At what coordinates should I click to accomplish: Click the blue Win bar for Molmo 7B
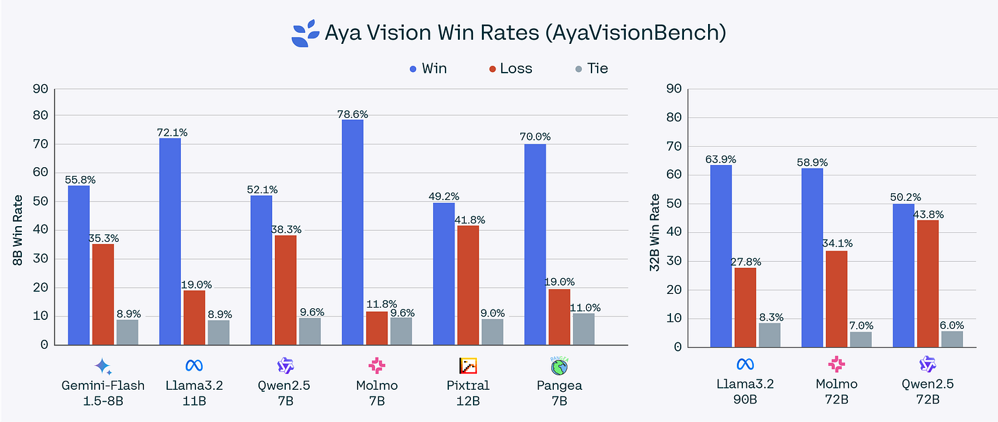tap(352, 232)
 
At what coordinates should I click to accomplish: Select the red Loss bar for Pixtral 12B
tap(467, 285)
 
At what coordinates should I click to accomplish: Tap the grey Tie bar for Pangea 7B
tap(583, 329)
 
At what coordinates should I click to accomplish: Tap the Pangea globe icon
tap(559, 364)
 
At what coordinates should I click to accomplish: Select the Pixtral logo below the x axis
tap(468, 365)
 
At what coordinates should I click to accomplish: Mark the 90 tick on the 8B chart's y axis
tap(42, 88)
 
